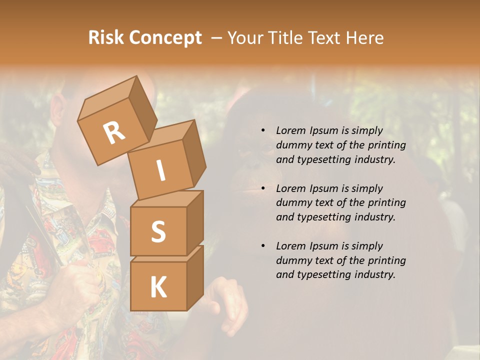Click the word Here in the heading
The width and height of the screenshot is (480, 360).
pos(365,38)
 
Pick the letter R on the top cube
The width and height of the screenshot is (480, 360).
pos(114,133)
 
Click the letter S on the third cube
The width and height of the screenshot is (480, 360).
pos(158,231)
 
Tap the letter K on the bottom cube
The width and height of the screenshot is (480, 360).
pos(158,287)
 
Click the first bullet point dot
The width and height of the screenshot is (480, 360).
pos(263,131)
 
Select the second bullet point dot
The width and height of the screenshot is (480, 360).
pos(263,188)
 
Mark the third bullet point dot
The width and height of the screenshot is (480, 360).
pos(263,246)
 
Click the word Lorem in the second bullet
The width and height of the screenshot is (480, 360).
pos(290,188)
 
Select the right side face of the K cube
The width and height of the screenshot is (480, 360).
pos(195,277)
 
